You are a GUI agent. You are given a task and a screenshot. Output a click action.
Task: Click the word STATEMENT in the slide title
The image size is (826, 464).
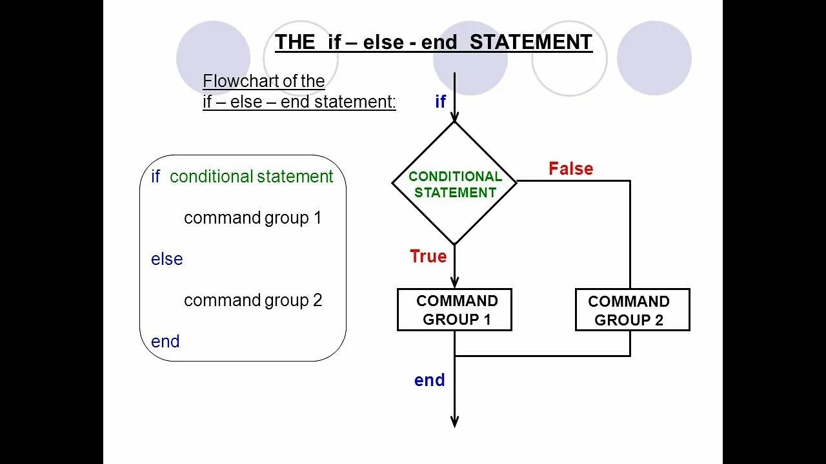(x=530, y=43)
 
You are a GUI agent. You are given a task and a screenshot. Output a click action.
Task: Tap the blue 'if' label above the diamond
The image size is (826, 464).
(x=440, y=101)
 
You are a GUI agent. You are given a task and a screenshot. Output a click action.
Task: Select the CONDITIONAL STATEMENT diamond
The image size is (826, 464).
(x=455, y=184)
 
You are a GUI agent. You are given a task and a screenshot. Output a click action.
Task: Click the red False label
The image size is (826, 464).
(x=570, y=169)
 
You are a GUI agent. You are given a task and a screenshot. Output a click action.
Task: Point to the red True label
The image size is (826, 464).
(x=428, y=256)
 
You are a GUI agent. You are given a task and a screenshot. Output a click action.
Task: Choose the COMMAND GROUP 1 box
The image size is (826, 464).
(x=454, y=310)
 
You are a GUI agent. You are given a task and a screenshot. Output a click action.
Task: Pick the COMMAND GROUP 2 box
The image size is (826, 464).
(x=632, y=311)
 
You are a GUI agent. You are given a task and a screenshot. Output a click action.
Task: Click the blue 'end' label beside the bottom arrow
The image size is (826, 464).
(x=429, y=380)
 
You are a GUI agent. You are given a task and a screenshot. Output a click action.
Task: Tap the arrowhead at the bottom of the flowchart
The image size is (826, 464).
(x=454, y=421)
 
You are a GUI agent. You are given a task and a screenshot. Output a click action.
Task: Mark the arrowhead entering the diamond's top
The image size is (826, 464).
(x=454, y=116)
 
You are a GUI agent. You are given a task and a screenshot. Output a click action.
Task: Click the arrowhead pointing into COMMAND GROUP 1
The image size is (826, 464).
(x=454, y=282)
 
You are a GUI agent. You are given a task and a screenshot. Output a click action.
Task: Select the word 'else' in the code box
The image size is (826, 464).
(x=166, y=259)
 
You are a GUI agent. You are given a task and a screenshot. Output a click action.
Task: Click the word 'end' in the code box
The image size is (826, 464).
(x=165, y=342)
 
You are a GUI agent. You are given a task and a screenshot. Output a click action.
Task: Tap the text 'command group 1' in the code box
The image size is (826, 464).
(x=252, y=218)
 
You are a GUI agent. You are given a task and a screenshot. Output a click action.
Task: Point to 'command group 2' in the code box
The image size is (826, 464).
(x=252, y=300)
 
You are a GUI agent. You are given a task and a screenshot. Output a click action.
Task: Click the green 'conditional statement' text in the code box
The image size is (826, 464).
(x=251, y=177)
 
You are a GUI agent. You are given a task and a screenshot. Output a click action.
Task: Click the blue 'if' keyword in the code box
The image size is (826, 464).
(x=155, y=177)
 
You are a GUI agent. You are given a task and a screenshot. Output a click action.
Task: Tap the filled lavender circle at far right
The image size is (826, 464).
(x=654, y=58)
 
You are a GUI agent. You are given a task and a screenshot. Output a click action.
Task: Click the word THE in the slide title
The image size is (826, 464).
(x=295, y=43)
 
